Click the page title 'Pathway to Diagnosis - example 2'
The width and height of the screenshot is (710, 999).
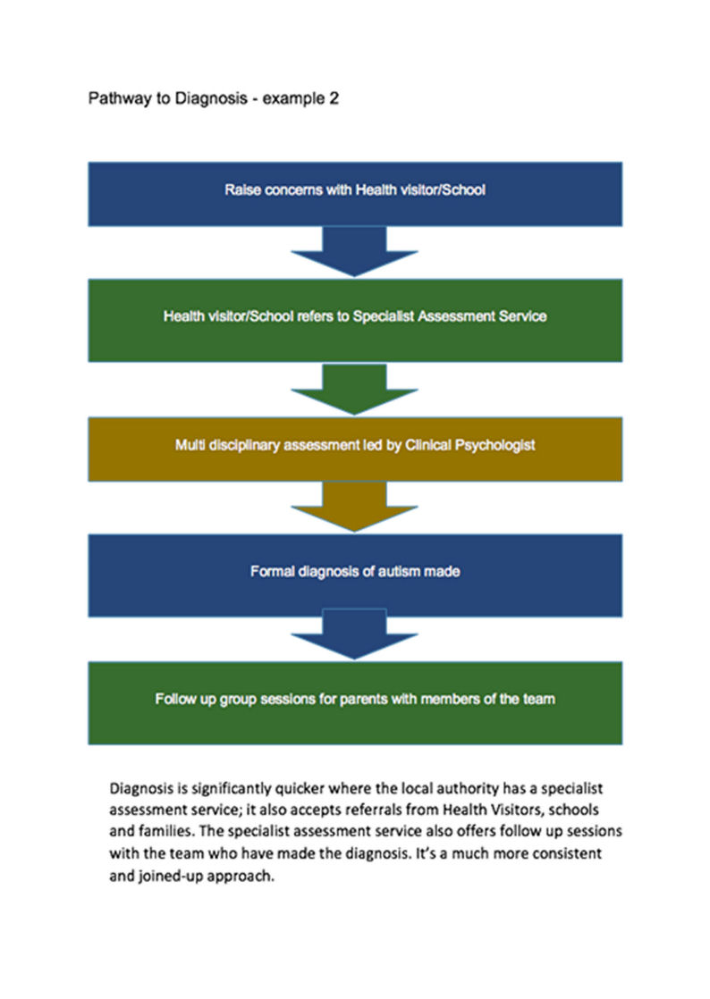pyautogui.click(x=213, y=99)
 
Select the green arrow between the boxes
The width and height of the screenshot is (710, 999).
pyautogui.click(x=355, y=389)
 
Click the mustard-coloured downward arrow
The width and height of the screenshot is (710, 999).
pyautogui.click(x=355, y=506)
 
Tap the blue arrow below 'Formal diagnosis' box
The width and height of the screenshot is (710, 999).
pyautogui.click(x=355, y=634)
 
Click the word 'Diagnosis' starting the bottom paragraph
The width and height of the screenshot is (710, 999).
pyautogui.click(x=141, y=790)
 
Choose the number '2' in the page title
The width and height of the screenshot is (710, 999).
pyautogui.click(x=334, y=99)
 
